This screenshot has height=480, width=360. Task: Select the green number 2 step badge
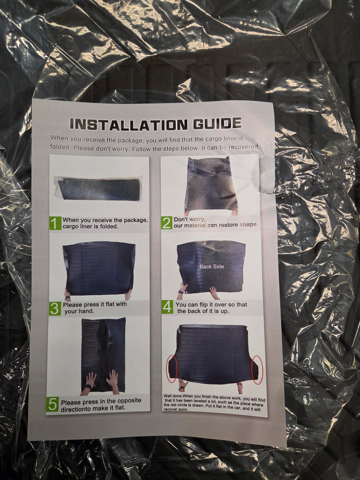[167, 223]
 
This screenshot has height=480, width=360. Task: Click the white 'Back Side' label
[212, 267]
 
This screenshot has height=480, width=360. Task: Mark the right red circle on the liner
[257, 370]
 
